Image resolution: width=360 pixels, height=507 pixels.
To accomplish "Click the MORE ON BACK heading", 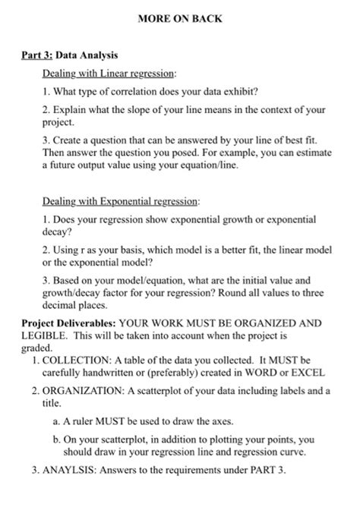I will tap(180, 19).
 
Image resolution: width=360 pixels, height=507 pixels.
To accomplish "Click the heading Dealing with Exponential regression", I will tap(121, 203).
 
